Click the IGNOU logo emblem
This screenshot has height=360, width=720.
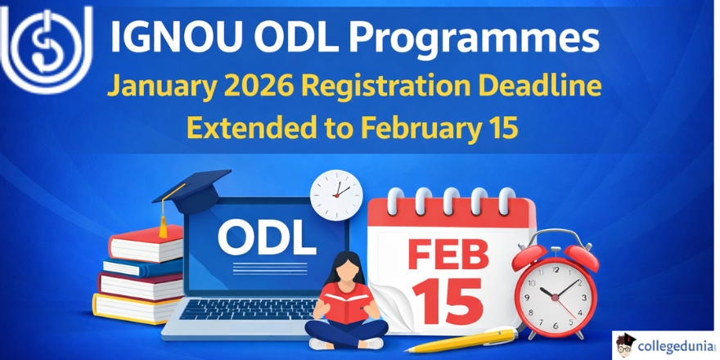[x=47, y=48]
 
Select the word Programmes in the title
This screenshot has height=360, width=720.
[x=474, y=40]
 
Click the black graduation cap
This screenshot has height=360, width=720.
[x=193, y=191]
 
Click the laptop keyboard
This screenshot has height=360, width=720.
[x=248, y=310]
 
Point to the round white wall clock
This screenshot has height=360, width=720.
[x=336, y=192]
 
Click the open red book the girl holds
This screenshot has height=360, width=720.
[x=347, y=302]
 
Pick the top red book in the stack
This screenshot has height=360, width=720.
[x=146, y=244]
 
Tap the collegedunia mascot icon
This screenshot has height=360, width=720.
[x=625, y=344]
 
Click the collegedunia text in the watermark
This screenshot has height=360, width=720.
[x=674, y=345]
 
